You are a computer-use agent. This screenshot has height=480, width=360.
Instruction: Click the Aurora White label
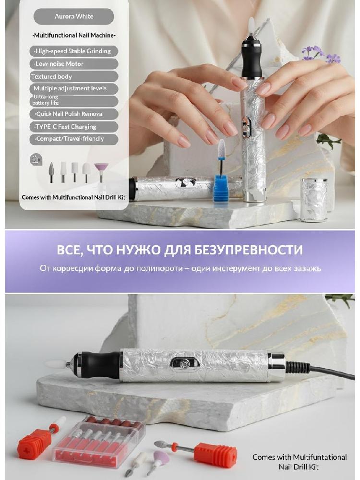pyautogui.click(x=74, y=16)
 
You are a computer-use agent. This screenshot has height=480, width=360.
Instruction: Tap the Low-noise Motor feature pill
pyautogui.click(x=74, y=64)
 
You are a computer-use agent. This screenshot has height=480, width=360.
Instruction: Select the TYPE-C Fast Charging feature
pyautogui.click(x=74, y=127)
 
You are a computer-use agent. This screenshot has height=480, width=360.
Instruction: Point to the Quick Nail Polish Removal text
pyautogui.click(x=70, y=114)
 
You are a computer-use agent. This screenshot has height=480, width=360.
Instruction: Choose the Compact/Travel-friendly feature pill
pyautogui.click(x=74, y=139)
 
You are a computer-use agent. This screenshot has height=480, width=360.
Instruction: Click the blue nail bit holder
pyautogui.click(x=221, y=187)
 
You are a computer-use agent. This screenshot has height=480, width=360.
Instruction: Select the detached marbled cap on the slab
pyautogui.click(x=314, y=200)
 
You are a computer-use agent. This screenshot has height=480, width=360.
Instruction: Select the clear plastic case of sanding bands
pyautogui.click(x=99, y=441)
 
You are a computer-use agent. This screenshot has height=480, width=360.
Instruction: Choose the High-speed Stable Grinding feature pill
pyautogui.click(x=74, y=51)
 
